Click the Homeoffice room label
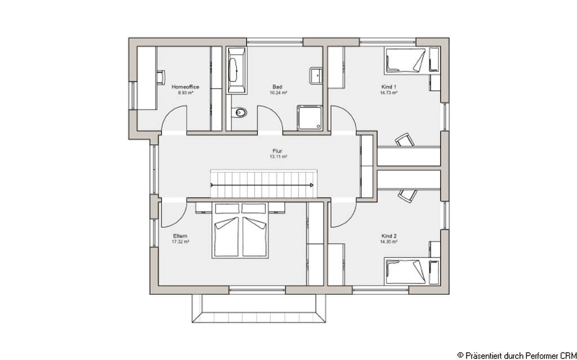click(185, 87)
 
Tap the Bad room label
click(277, 87)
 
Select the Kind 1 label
click(389, 87)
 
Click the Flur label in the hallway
click(277, 151)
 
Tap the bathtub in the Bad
click(234, 71)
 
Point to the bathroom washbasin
click(316, 75)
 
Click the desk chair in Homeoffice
click(160, 75)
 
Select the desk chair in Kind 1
click(403, 139)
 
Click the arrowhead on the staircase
click(310, 185)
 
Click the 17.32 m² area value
click(180, 242)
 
